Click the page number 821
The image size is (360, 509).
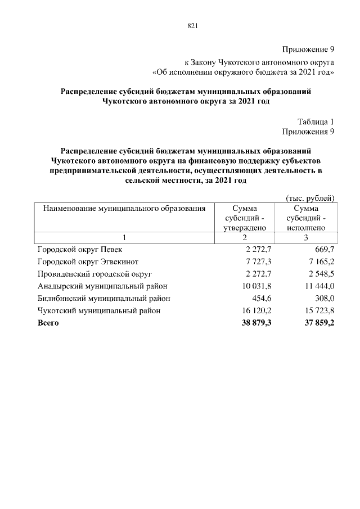[193, 26]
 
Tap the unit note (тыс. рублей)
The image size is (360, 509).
[310, 197]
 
